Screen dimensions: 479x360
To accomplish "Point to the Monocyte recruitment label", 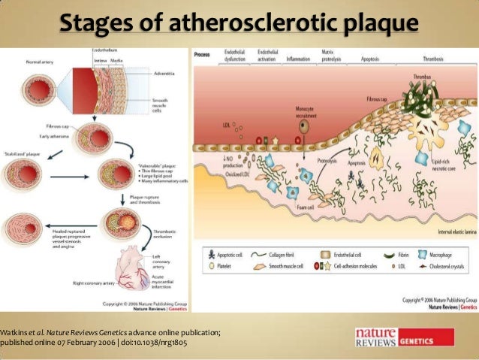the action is point(304,111).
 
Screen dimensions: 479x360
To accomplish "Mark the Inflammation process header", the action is point(299,58).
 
